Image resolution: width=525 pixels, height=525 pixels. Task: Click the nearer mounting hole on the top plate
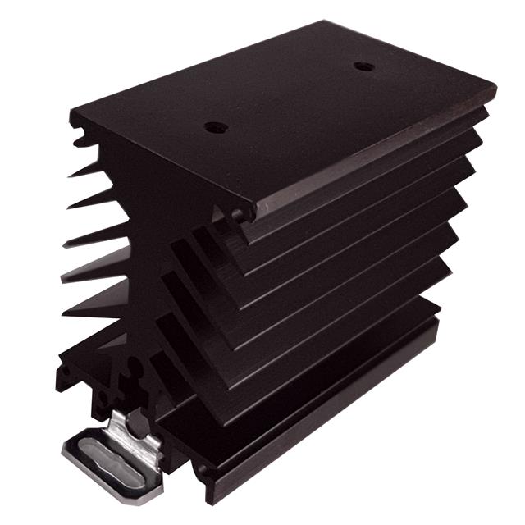(x=216, y=127)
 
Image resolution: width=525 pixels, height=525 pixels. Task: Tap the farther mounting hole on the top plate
(x=363, y=66)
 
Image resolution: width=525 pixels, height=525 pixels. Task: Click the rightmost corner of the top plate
(x=495, y=84)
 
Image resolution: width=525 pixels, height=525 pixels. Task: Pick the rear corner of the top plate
(x=325, y=22)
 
